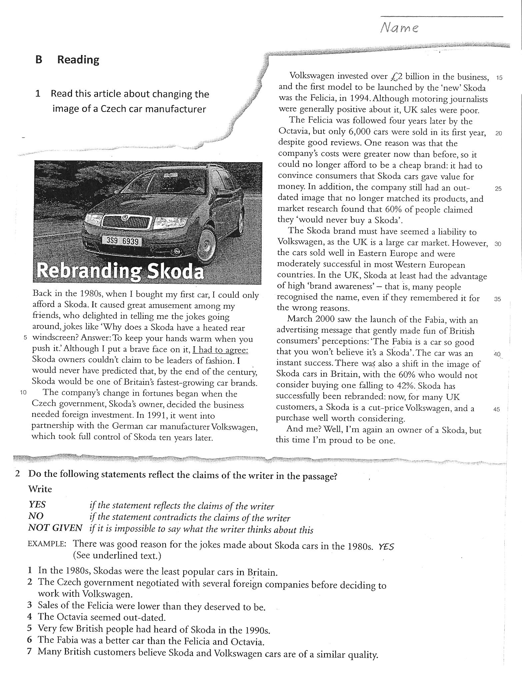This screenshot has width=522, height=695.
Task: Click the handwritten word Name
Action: (x=399, y=27)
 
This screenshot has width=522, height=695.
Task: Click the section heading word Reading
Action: (x=78, y=60)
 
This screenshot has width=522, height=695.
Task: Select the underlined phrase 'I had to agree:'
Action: (x=220, y=350)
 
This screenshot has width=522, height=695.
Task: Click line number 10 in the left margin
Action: (x=23, y=392)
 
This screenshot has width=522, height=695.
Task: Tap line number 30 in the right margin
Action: (x=498, y=244)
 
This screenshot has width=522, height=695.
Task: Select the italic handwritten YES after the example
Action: (x=386, y=546)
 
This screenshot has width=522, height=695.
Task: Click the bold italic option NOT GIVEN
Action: (x=55, y=528)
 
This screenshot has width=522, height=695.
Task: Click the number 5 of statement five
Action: (x=30, y=628)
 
